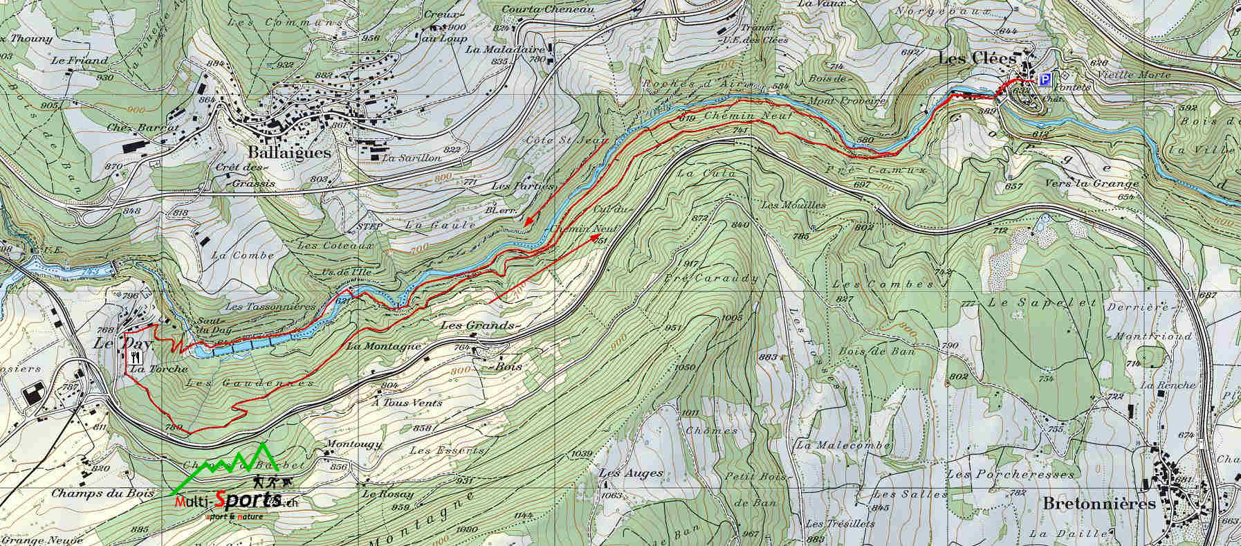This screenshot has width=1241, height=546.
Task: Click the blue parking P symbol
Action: (1045, 80)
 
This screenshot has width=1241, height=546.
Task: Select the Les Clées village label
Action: (977, 60)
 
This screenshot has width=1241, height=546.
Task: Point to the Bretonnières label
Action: (1098, 503)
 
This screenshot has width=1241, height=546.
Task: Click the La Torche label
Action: (158, 370)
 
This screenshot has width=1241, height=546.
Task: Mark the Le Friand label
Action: (80, 60)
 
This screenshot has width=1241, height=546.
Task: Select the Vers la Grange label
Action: (1092, 183)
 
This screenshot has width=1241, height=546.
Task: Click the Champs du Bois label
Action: (93, 493)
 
